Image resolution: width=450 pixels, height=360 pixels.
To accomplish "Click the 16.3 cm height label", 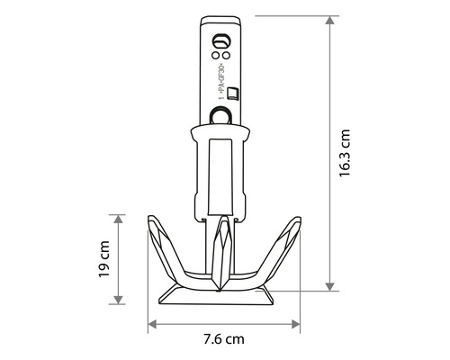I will tap(346, 154).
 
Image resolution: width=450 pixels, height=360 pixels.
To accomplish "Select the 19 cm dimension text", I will tap(106, 259).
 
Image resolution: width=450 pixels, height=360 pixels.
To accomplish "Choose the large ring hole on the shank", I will tap(221, 114).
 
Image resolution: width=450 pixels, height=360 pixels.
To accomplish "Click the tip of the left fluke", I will tap(149, 218).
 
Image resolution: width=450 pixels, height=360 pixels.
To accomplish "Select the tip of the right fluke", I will tap(297, 220).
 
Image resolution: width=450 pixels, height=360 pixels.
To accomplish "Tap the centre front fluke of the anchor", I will tap(221, 253).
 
